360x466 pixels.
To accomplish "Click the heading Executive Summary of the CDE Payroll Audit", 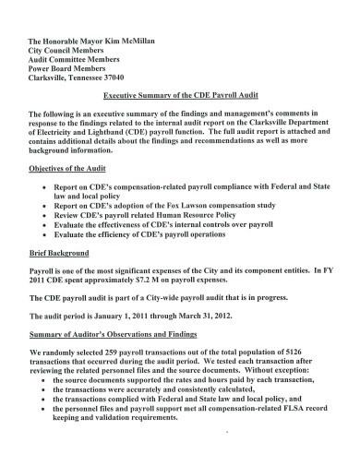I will click(x=180, y=96).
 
